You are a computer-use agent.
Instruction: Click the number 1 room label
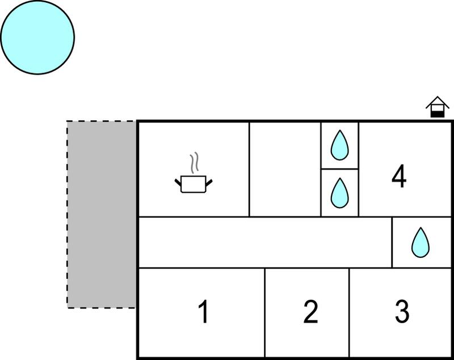(x=204, y=311)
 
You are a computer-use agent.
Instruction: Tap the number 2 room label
(x=310, y=311)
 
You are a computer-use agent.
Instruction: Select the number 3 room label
(x=402, y=311)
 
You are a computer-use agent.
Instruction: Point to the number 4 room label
(x=399, y=176)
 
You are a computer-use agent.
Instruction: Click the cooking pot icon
(x=194, y=184)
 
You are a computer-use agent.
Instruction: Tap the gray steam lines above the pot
(x=194, y=163)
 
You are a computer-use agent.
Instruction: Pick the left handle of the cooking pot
(x=178, y=183)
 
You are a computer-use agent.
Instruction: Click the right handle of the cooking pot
(x=209, y=183)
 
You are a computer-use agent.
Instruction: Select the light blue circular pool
(x=37, y=37)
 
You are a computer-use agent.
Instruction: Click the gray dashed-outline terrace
(x=102, y=214)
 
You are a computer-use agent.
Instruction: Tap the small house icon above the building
(x=437, y=107)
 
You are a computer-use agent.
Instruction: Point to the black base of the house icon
(x=437, y=114)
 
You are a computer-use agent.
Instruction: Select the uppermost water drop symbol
(x=339, y=145)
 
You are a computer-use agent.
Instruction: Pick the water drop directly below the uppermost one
(x=339, y=193)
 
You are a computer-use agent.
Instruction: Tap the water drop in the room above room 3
(x=421, y=242)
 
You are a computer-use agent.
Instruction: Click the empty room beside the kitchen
(x=285, y=169)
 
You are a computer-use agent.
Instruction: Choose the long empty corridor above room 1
(x=265, y=242)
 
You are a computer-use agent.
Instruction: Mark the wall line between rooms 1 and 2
(x=264, y=312)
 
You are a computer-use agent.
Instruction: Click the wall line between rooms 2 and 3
(x=349, y=312)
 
